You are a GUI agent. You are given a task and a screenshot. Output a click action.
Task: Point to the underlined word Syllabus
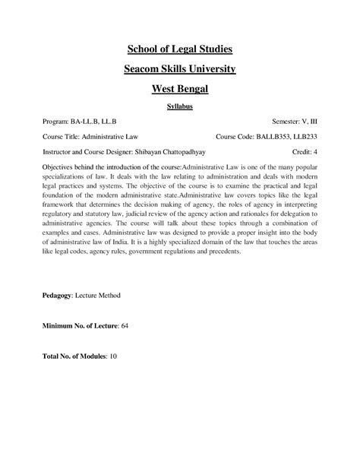click(x=179, y=107)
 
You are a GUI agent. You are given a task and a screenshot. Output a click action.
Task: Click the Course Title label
click(x=62, y=137)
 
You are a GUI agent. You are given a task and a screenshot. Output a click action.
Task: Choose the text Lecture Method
click(x=102, y=293)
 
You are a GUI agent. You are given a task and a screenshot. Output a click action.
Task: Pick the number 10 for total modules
click(x=114, y=356)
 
